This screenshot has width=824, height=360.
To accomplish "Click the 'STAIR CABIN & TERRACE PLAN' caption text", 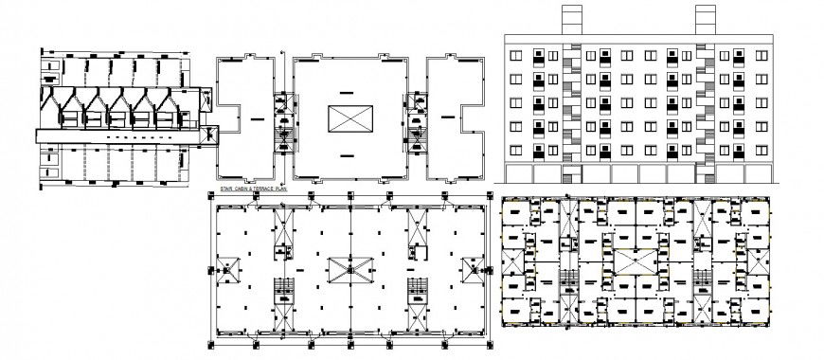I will [251, 190].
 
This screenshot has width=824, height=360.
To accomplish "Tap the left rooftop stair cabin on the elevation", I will [573, 20].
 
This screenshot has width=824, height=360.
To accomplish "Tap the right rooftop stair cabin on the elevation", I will [706, 20].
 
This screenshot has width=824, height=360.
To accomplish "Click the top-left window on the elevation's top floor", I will [517, 57].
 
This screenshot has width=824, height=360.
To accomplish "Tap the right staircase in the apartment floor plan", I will [703, 279].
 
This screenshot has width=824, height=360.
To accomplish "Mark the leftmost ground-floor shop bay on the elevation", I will [520, 174].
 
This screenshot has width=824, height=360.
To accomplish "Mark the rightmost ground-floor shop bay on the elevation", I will [757, 174].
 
